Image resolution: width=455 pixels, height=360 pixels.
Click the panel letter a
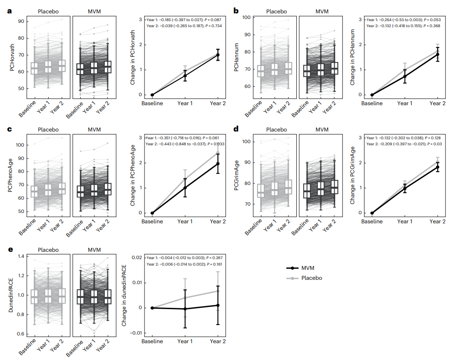coord(9,11)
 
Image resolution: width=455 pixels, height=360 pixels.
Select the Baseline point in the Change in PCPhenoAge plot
coord(152,213)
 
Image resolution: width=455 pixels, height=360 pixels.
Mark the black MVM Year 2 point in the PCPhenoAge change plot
coord(217,164)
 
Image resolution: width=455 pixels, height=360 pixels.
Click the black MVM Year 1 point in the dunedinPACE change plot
coord(185,309)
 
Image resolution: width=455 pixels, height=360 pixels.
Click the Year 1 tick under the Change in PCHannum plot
coord(405,103)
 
